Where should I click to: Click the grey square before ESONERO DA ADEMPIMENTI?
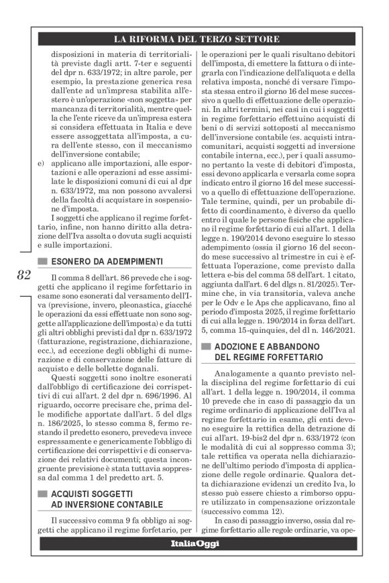(43, 261)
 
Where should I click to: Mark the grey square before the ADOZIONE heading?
(206, 346)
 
